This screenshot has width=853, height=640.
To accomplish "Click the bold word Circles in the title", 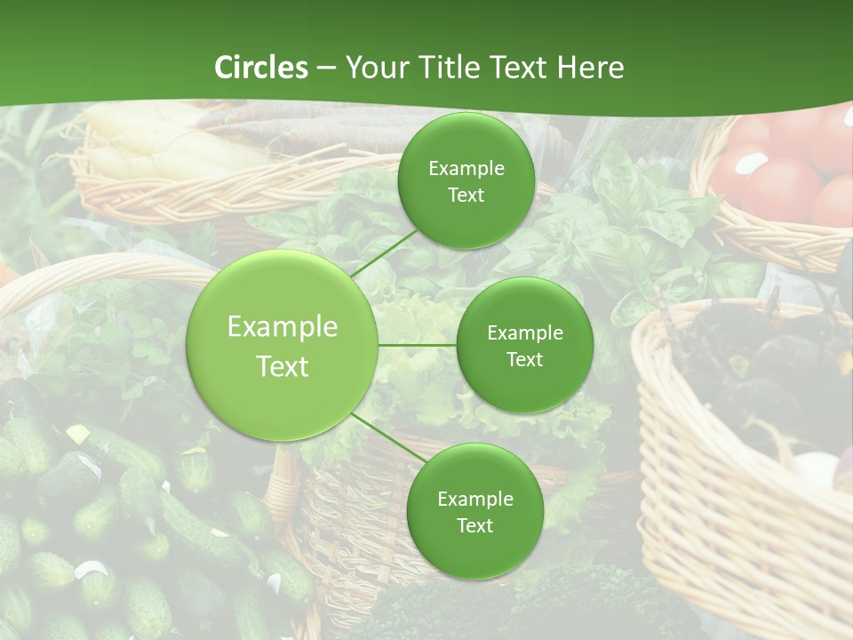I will click(261, 68).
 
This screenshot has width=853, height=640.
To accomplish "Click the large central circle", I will click(283, 345).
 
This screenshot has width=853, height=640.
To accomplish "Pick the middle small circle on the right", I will click(525, 345).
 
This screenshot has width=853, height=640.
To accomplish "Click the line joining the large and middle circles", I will click(418, 345).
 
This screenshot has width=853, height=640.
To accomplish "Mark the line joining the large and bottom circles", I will click(389, 440).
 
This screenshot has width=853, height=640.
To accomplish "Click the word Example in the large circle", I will click(283, 327).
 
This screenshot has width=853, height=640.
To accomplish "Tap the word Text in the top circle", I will click(466, 196).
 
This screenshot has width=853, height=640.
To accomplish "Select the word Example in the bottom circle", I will click(475, 500).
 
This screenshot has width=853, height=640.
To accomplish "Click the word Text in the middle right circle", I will click(525, 359).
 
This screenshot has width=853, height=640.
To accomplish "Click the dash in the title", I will click(325, 68).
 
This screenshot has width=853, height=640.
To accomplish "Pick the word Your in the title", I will click(374, 68).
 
